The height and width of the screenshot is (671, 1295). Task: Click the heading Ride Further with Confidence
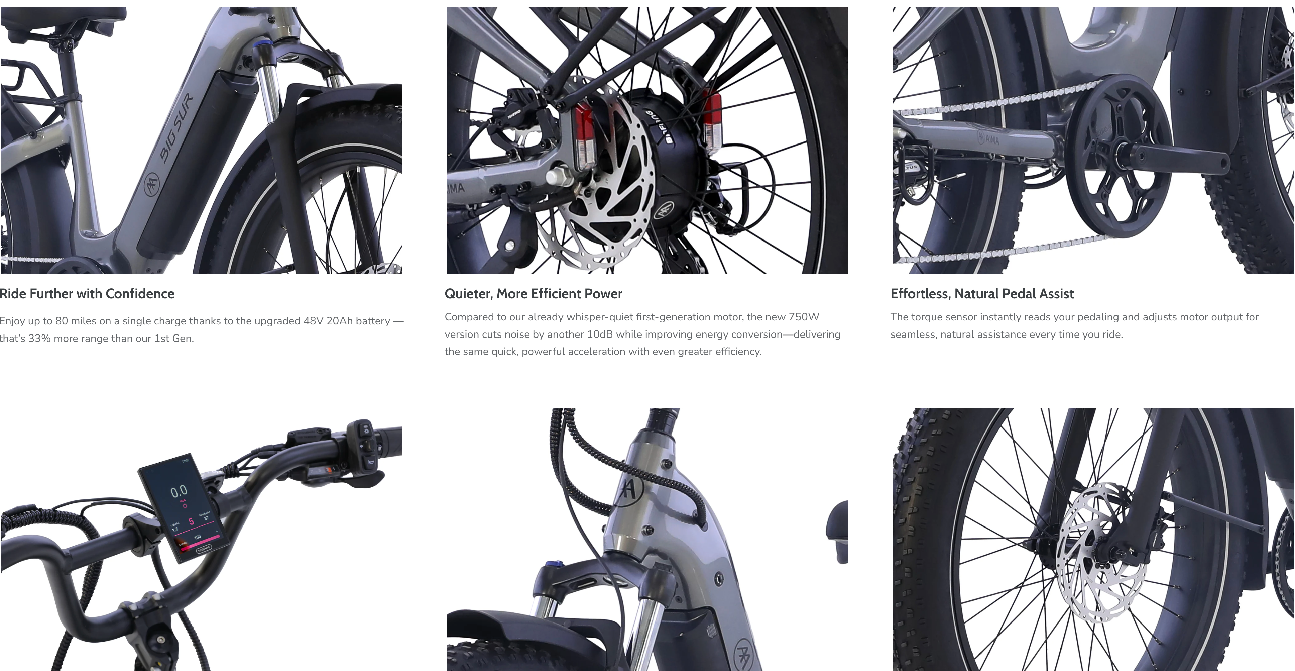87,294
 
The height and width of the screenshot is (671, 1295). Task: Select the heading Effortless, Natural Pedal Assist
982,294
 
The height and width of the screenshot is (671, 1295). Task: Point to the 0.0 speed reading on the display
179,491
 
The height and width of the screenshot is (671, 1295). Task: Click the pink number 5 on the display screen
191,521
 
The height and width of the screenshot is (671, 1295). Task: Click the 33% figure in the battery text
39,339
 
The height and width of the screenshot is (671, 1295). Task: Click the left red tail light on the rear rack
583,136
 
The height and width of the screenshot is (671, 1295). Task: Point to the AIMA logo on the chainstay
988,137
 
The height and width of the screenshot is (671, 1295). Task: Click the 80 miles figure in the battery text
69,321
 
